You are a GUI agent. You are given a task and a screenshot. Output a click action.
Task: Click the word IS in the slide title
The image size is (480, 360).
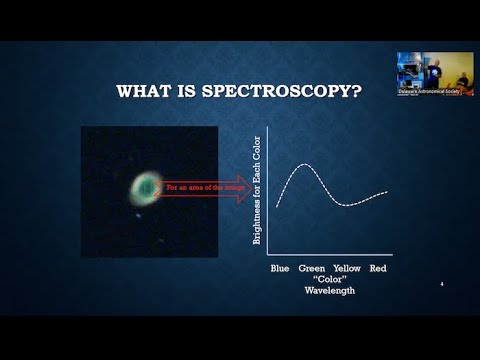(189, 92)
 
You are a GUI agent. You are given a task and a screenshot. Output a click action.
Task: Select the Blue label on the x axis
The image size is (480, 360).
(280, 269)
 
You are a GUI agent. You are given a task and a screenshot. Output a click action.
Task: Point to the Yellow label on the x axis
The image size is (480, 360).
(347, 269)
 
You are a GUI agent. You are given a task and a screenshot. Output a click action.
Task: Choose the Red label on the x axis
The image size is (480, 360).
(379, 269)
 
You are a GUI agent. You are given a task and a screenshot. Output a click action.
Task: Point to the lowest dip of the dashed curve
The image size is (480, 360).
(346, 204)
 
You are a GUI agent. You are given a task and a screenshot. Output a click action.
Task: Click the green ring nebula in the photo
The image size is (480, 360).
(146, 185)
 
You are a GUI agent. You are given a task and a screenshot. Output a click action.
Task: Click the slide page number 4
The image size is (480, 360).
(441, 286)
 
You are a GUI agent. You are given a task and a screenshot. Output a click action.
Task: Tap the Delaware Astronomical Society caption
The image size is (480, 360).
(425, 91)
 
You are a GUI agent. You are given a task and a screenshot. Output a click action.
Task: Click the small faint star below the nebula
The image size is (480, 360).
(138, 212)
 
